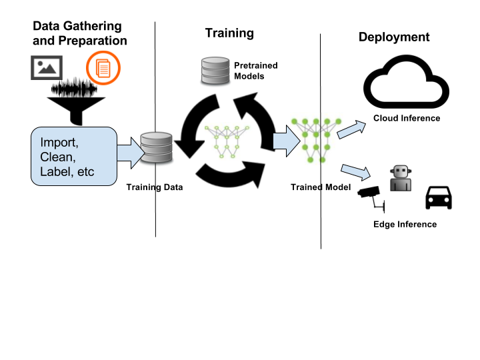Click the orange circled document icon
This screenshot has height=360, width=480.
[x=103, y=68]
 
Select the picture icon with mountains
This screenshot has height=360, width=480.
[x=47, y=67]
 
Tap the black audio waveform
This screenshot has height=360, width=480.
[x=75, y=88]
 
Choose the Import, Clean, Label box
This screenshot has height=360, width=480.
[x=74, y=156]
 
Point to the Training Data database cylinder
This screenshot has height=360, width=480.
[x=157, y=147]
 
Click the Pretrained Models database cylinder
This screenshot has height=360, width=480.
[x=215, y=71]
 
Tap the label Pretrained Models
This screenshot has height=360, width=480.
[x=256, y=71]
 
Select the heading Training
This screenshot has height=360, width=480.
[x=229, y=33]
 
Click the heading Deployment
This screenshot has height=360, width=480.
[x=394, y=37]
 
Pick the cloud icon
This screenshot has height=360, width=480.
[x=406, y=82]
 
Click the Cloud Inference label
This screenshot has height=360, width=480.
[x=407, y=118]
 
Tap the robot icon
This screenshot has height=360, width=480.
[x=401, y=178]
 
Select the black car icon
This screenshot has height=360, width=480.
[x=439, y=198]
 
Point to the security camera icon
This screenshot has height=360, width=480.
[x=371, y=199]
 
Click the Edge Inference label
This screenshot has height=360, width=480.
[x=405, y=225]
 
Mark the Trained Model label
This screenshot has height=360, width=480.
[x=321, y=187]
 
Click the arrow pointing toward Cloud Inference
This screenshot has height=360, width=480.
[x=351, y=130]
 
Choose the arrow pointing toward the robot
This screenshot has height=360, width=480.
[x=356, y=173]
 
